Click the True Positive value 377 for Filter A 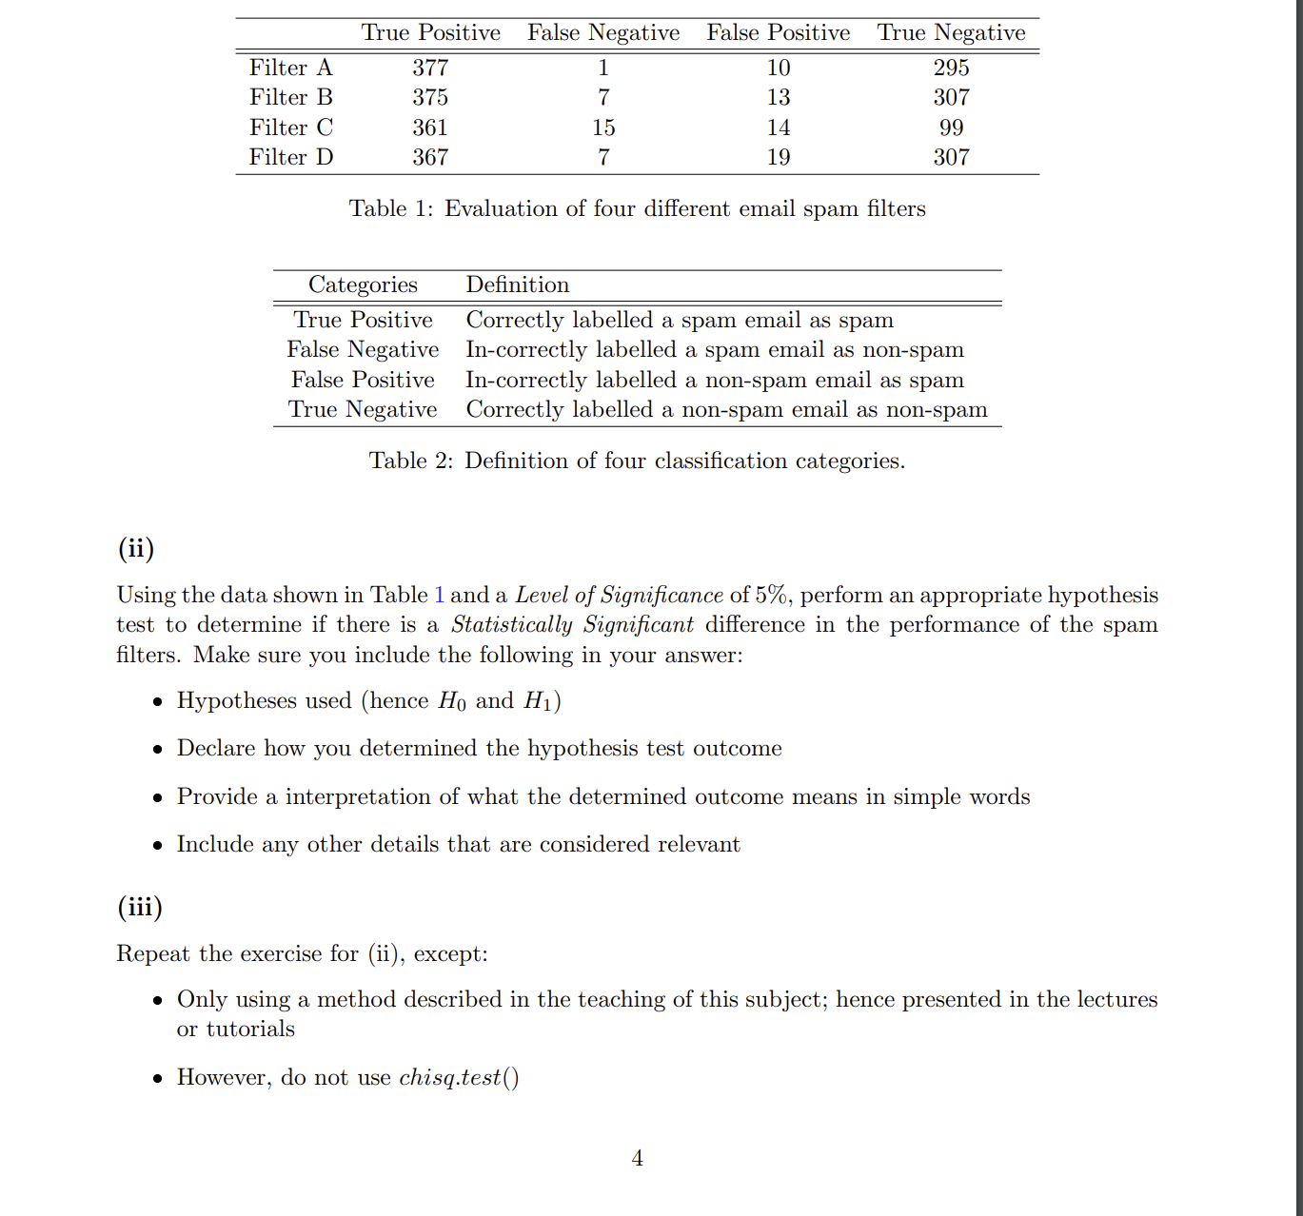(430, 68)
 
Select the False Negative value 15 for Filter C (603, 127)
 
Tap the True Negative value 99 (951, 127)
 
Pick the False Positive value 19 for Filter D (779, 157)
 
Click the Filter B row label (291, 97)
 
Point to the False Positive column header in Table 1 (778, 32)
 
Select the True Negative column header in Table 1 (951, 32)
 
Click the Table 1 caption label (390, 208)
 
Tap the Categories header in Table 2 (363, 284)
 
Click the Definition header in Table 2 (517, 284)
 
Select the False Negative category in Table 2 (363, 350)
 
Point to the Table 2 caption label (410, 461)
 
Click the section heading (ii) (136, 548)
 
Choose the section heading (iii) (140, 907)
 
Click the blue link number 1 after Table (439, 595)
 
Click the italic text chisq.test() (459, 1077)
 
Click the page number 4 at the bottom (637, 1158)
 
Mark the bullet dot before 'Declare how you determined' (158, 750)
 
